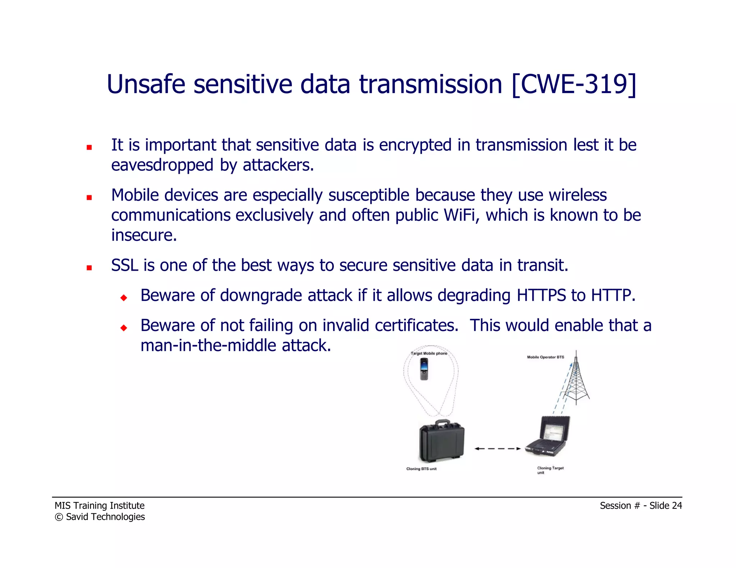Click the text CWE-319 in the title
(x=574, y=85)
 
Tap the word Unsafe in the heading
(x=146, y=85)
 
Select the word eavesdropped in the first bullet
(x=162, y=166)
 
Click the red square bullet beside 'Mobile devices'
(x=89, y=197)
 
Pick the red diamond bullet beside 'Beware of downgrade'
(x=124, y=298)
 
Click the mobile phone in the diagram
(x=424, y=369)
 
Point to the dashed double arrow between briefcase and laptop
(x=497, y=448)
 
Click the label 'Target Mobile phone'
(x=429, y=353)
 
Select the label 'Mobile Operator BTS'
(x=545, y=357)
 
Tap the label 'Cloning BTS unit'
(x=421, y=469)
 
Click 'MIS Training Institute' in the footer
(x=100, y=506)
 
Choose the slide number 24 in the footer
(x=677, y=506)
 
